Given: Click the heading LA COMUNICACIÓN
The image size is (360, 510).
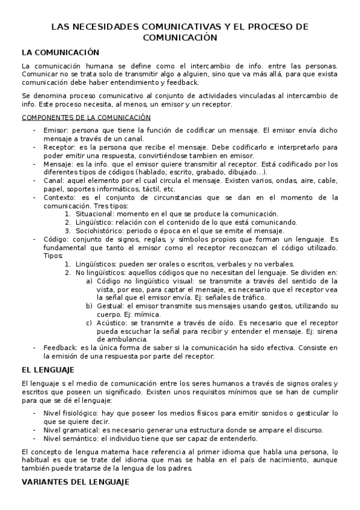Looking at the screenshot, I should click(59, 52).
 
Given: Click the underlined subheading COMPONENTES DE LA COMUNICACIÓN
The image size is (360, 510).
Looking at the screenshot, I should click(86, 117).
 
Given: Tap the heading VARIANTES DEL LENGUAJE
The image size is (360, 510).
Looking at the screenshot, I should click(75, 482).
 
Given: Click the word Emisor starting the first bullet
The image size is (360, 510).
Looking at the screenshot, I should click(53, 131).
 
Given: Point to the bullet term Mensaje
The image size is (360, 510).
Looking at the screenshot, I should click(56, 164).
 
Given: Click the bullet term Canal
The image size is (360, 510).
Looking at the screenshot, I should click(52, 180).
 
